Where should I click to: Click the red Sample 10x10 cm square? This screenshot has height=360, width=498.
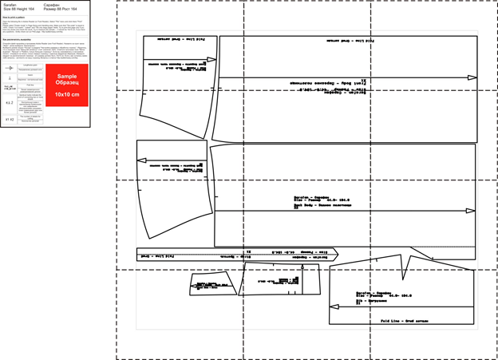tap(67, 85)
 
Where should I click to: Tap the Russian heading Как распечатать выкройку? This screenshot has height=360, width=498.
tap(17, 38)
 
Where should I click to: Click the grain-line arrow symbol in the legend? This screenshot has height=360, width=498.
tap(10, 68)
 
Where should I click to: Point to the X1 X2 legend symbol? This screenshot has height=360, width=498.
tap(10, 120)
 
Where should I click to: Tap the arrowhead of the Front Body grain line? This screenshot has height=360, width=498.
tap(472, 77)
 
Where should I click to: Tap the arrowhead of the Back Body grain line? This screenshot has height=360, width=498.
tap(471, 211)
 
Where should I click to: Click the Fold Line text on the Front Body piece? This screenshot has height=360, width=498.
tap(351, 40)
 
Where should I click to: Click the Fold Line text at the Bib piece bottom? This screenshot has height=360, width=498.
tap(405, 320)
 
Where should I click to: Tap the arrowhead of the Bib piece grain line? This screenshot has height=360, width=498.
tap(334, 307)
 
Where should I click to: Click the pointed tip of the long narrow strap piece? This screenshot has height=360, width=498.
tap(338, 255)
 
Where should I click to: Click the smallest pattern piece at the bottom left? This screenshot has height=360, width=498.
tap(212, 284)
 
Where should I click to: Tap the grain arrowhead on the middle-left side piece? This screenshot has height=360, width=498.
tap(141, 160)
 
